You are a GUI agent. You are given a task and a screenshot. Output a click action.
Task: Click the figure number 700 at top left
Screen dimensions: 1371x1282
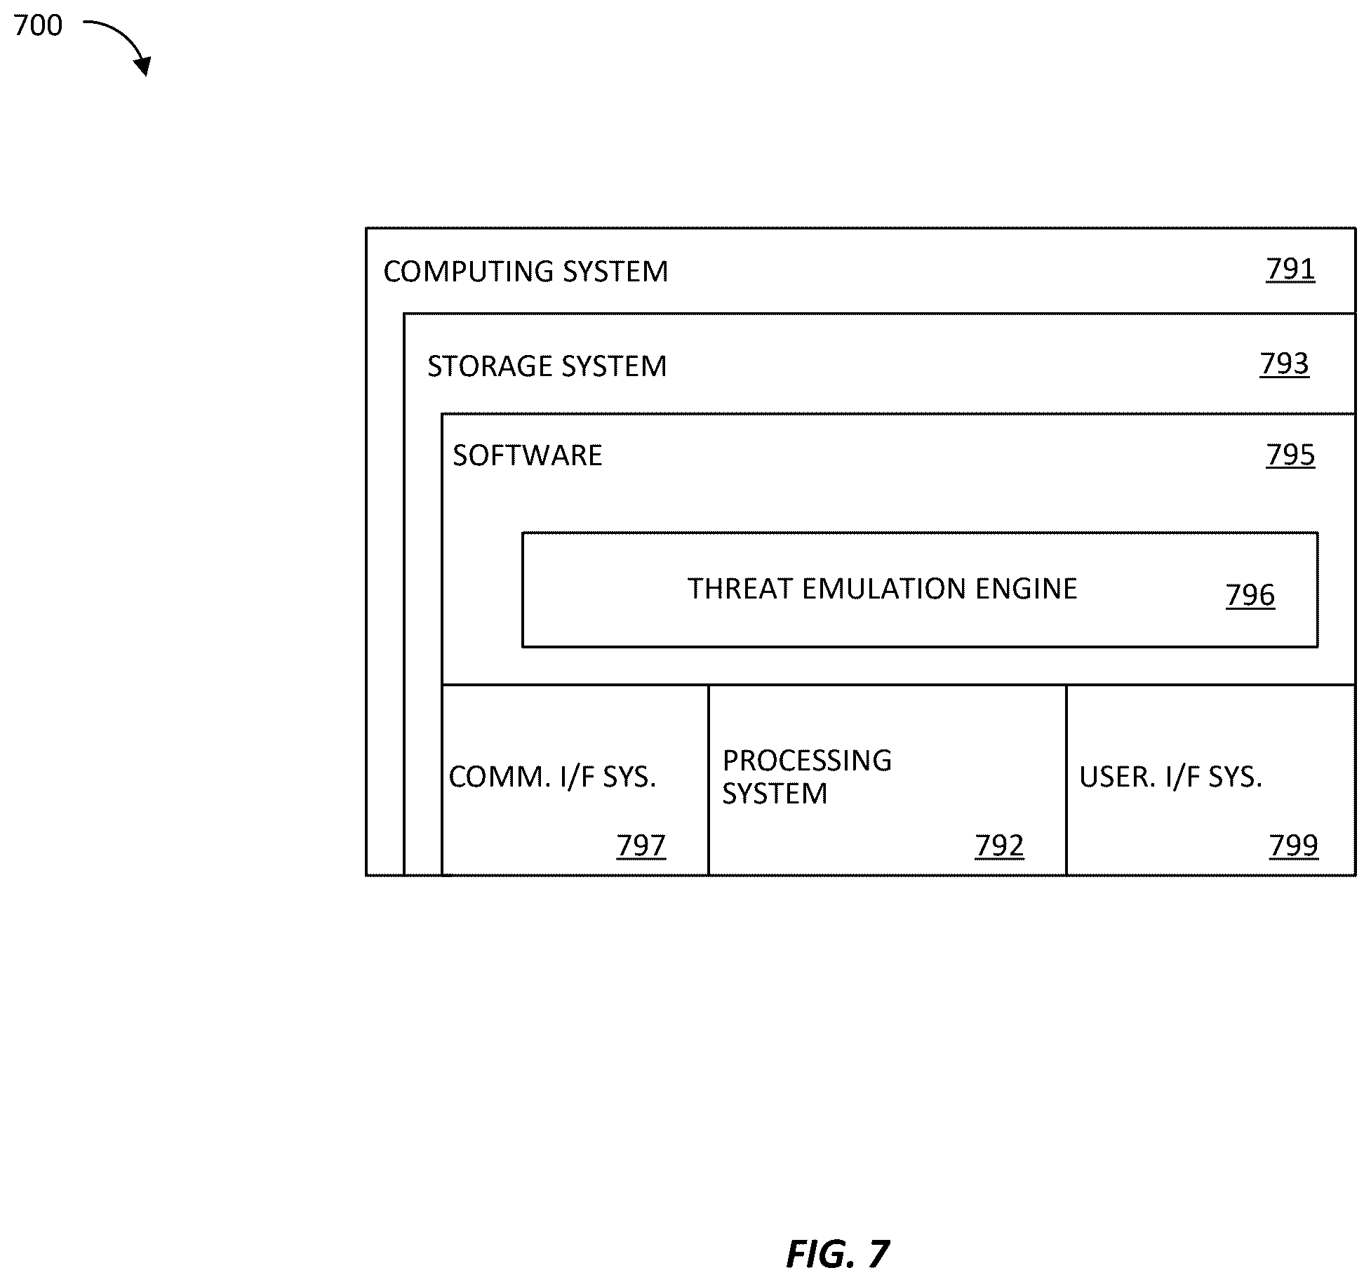(x=38, y=26)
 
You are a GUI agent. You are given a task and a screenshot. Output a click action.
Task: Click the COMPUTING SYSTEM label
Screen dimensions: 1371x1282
(x=526, y=272)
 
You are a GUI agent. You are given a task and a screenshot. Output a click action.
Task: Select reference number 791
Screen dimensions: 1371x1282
(x=1290, y=269)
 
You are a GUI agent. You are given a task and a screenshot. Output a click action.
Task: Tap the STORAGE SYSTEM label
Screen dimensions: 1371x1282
(x=547, y=366)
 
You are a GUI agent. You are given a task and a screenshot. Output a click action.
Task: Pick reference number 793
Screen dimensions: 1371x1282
(x=1284, y=364)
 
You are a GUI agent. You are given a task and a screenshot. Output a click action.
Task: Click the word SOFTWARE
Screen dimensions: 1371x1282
(x=528, y=455)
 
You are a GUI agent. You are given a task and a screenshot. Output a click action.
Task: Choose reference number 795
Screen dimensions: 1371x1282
(x=1290, y=455)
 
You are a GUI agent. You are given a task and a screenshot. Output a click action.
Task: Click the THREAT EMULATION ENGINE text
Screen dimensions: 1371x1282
(x=882, y=589)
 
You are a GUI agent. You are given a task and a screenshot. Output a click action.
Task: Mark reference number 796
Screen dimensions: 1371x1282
(x=1250, y=595)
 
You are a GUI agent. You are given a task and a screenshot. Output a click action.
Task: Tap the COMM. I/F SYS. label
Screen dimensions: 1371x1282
(x=552, y=777)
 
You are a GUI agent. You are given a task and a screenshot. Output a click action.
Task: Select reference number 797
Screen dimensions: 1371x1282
(x=641, y=846)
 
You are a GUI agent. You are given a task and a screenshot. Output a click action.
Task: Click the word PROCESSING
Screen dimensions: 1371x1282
(x=807, y=761)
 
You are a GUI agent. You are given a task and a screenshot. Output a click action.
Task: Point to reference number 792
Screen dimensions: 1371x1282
(x=999, y=846)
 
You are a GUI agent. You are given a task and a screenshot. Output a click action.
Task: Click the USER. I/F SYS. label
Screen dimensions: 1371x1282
(x=1170, y=777)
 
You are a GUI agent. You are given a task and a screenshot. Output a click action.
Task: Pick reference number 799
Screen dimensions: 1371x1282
(x=1294, y=846)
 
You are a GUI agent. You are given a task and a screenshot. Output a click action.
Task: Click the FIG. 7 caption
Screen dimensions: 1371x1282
(x=838, y=1254)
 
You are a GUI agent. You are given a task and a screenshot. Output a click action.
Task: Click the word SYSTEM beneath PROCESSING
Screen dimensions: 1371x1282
(x=775, y=794)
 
